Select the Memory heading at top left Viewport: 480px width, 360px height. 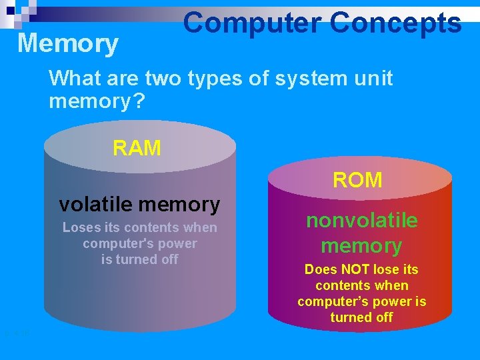pos(68,44)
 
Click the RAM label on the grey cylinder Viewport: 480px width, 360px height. pos(137,148)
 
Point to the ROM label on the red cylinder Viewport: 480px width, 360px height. pos(357,180)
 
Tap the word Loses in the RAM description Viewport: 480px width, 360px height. pos(81,228)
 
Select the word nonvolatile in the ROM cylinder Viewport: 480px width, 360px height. pos(362,221)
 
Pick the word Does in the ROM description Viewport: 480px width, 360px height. pos(321,269)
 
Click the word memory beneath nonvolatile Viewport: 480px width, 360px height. pos(361,246)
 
